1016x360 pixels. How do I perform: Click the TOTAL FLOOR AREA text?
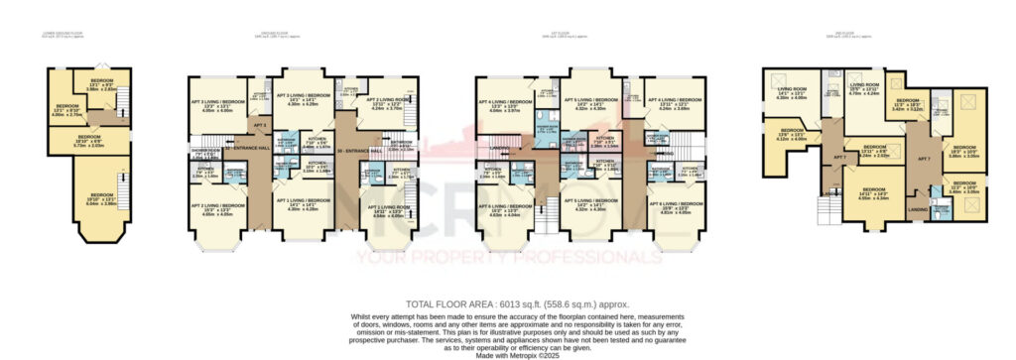click(x=507, y=303)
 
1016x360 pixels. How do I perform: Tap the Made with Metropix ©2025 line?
click(x=508, y=354)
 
